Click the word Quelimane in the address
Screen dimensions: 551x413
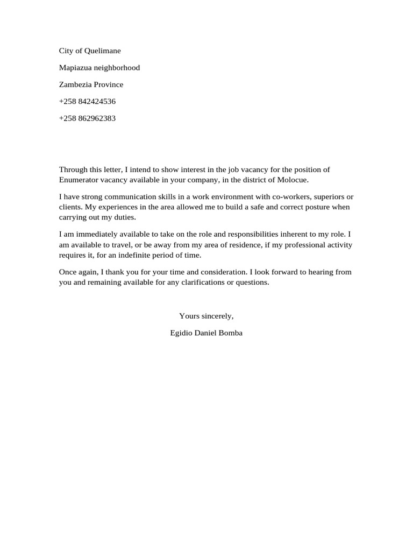103,51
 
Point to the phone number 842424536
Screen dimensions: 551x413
96,101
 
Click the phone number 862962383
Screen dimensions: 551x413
96,118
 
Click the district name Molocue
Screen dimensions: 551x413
293,179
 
